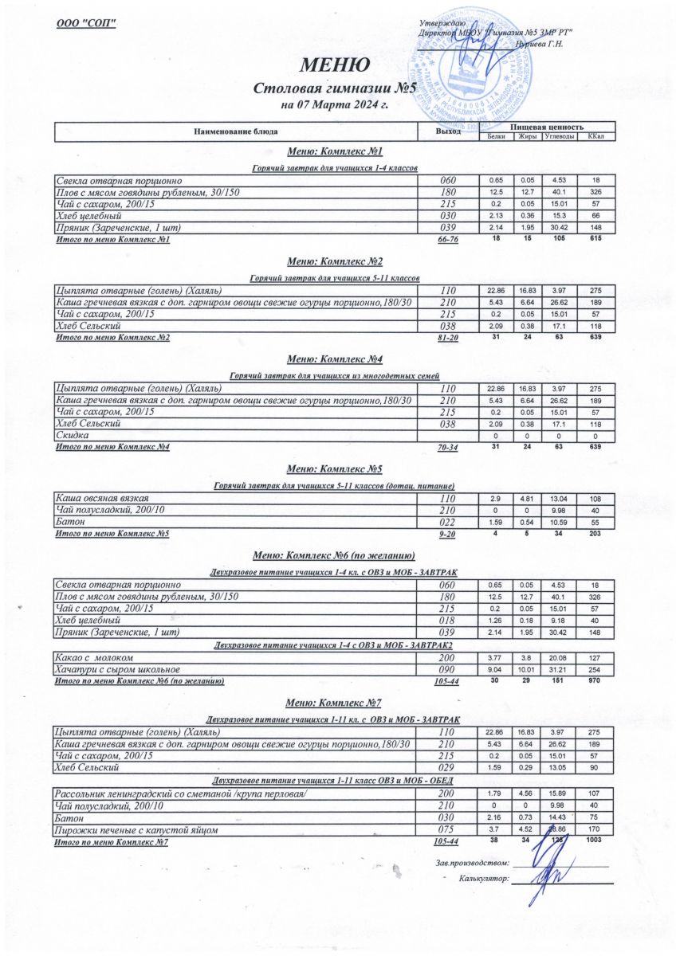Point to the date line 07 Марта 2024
click(334, 104)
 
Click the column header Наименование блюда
click(234, 131)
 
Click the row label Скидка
click(72, 435)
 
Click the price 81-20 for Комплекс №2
click(448, 338)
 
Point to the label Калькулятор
click(483, 880)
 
